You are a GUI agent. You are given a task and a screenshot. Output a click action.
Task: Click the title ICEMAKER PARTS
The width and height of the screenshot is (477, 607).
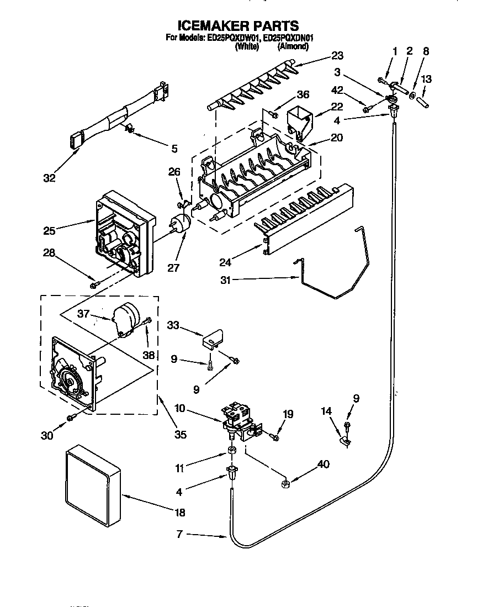coord(238,25)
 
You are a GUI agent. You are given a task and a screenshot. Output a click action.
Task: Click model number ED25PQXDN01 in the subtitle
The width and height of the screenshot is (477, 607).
coord(289,38)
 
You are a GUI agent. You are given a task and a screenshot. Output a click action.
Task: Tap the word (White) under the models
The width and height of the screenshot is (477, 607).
coord(247,47)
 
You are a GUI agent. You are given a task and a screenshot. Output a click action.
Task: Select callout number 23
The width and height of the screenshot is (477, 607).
coord(337,55)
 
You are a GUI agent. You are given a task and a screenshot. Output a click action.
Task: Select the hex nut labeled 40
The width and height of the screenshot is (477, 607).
coord(286,484)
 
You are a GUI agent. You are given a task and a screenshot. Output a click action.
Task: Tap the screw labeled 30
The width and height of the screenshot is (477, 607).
coord(70,418)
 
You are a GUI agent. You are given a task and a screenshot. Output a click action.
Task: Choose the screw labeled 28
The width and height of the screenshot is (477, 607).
coord(94,284)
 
